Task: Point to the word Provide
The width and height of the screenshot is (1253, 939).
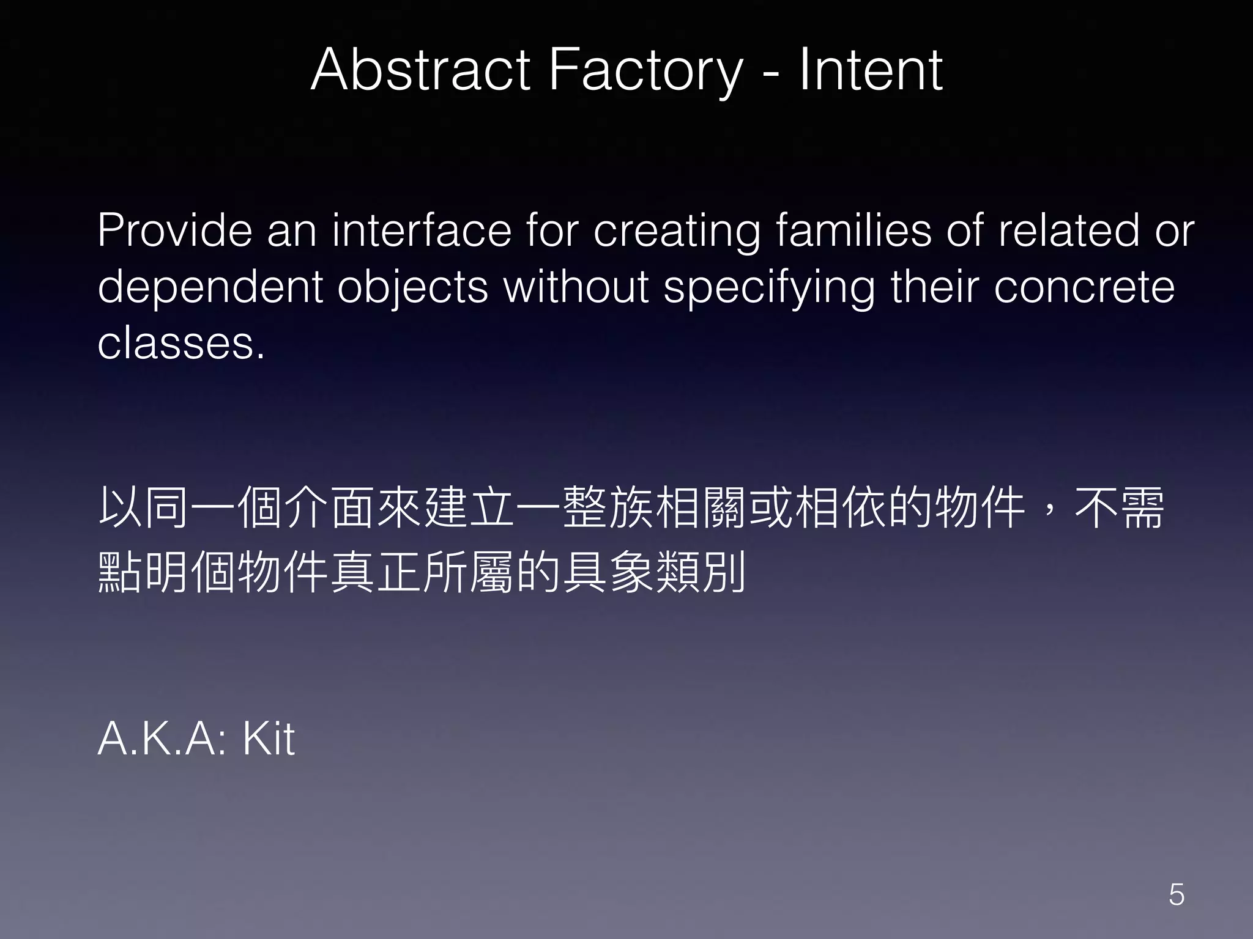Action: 175,230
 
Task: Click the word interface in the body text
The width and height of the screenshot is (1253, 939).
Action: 422,230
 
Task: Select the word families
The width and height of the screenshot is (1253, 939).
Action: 854,230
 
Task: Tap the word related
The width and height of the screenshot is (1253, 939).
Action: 1068,230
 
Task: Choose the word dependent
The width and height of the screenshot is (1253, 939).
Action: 210,287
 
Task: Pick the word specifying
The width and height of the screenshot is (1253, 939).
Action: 770,287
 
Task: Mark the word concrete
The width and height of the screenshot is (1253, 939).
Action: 1084,287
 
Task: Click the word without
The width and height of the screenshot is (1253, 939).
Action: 576,287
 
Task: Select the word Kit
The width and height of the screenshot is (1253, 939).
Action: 269,739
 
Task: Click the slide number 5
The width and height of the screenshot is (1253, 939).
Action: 1177,895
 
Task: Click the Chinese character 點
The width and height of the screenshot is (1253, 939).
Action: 121,573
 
